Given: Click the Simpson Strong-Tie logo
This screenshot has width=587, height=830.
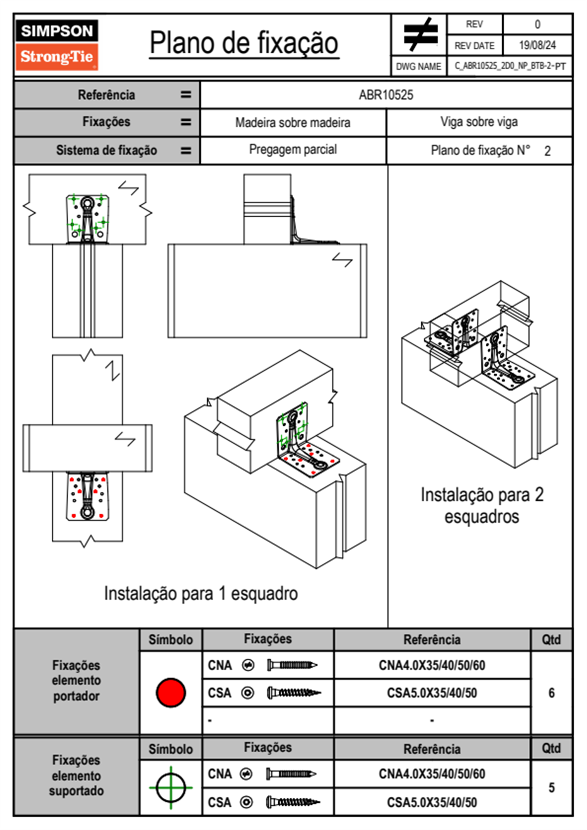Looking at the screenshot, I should pyautogui.click(x=57, y=44).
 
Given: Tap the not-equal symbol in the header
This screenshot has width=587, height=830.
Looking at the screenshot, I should pyautogui.click(x=420, y=35).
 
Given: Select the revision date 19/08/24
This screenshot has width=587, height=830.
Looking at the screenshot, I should pyautogui.click(x=537, y=45).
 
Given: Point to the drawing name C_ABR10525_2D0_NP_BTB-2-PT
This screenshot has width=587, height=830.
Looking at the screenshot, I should pyautogui.click(x=510, y=66).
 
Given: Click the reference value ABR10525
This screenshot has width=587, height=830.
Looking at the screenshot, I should pyautogui.click(x=386, y=95).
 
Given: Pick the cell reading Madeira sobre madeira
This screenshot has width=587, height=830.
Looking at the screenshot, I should pyautogui.click(x=293, y=122).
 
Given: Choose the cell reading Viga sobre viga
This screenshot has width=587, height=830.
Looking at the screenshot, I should pyautogui.click(x=479, y=122).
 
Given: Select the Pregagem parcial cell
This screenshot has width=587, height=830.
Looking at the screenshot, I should pyautogui.click(x=293, y=150).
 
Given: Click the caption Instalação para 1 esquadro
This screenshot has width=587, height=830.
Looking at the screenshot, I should pyautogui.click(x=201, y=593).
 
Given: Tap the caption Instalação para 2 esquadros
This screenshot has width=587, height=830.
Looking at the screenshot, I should pyautogui.click(x=482, y=505).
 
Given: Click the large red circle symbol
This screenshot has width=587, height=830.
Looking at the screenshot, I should pyautogui.click(x=171, y=692).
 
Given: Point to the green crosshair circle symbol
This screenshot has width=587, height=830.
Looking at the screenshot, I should pyautogui.click(x=171, y=788).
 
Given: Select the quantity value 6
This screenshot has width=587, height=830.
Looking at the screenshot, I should pyautogui.click(x=551, y=693).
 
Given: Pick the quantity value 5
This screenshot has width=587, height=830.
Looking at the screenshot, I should pyautogui.click(x=551, y=788).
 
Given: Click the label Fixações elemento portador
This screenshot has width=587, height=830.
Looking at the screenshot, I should pyautogui.click(x=76, y=680).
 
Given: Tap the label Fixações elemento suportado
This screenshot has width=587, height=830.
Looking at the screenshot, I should pyautogui.click(x=76, y=775).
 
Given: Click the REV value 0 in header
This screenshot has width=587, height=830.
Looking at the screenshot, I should pyautogui.click(x=537, y=24).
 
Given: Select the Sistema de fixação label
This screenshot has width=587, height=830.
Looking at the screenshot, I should pyautogui.click(x=107, y=150).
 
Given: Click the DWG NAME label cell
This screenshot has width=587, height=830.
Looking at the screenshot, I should pyautogui.click(x=418, y=66).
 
